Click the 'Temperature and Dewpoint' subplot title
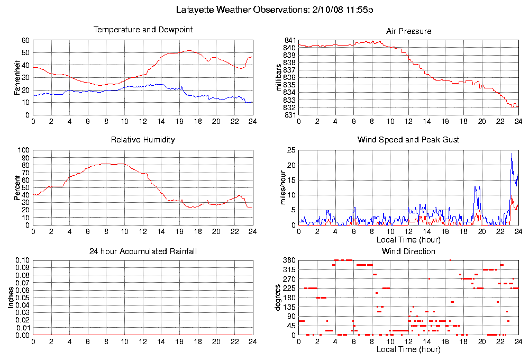click(x=143, y=30)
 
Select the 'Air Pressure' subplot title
click(x=408, y=31)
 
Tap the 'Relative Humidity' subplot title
click(x=143, y=140)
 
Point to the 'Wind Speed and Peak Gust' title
click(x=408, y=140)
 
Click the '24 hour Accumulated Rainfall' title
click(x=143, y=251)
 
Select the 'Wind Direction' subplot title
click(x=408, y=251)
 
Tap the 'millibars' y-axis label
click(x=279, y=77)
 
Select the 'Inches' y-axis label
click(x=11, y=298)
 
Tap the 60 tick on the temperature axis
click(x=25, y=40)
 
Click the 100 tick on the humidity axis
click(x=23, y=150)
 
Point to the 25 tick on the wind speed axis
click(x=290, y=150)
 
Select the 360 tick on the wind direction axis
click(x=289, y=260)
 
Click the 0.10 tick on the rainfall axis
click(x=22, y=260)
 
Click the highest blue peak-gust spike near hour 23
click(x=512, y=154)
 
